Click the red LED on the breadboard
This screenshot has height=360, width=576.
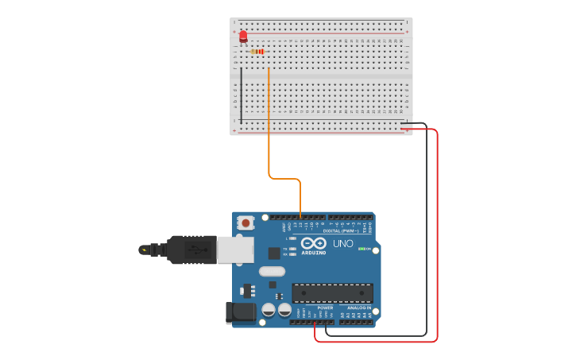(243, 36)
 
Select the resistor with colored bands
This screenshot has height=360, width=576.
(257, 51)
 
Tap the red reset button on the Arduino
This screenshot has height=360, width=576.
(245, 223)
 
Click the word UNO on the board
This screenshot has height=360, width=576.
(342, 244)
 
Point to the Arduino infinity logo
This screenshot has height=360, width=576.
(313, 243)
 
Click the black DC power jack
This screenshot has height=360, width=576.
(240, 312)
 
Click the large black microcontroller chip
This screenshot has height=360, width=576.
(332, 293)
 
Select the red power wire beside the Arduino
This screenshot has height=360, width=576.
(437, 238)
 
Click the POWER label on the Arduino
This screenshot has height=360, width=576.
(314, 308)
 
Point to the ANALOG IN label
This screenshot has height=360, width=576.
(359, 308)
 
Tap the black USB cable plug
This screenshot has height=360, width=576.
(191, 250)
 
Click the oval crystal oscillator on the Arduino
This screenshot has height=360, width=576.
(271, 271)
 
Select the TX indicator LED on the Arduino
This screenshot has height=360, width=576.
(293, 248)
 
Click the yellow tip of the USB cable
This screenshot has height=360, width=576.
(144, 250)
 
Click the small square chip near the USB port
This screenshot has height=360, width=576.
(274, 253)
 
